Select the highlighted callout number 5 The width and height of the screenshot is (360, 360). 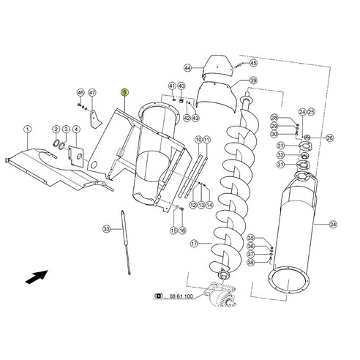tap(124, 93)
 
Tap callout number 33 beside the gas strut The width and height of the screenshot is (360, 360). tap(106, 230)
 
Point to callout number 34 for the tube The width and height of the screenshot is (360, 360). tap(333, 224)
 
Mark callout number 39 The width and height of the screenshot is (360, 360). tap(253, 80)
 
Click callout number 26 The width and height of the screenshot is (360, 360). tap(329, 138)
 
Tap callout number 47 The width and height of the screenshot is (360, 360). tap(92, 93)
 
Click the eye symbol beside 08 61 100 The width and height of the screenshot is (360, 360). tap(159, 296)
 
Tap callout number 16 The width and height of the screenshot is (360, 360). tap(183, 230)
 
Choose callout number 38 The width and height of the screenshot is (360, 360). tap(250, 263)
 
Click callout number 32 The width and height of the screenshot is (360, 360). tap(280, 154)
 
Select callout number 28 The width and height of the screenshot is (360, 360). tap(274, 118)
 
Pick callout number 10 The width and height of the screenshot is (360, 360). tap(198, 139)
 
